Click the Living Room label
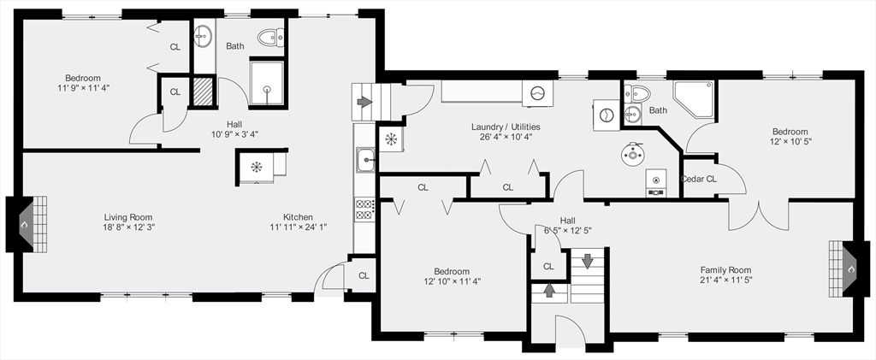point(128,217)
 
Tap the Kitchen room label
point(298,217)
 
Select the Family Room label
point(725,269)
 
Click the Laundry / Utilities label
point(506,127)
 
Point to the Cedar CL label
point(698,180)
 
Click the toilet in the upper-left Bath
point(271,38)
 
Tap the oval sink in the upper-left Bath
point(202,37)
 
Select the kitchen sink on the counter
point(365,160)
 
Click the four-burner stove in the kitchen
point(364,209)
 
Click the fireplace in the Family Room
point(849,269)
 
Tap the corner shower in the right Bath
point(693,99)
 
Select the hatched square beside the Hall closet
point(202,91)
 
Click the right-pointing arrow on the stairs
point(364,102)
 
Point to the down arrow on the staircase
point(587,261)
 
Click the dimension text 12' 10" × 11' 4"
point(453,281)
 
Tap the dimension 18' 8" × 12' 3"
point(128,227)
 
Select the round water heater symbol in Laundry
point(633,153)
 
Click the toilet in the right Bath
point(636,93)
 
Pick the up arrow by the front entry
point(549,290)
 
